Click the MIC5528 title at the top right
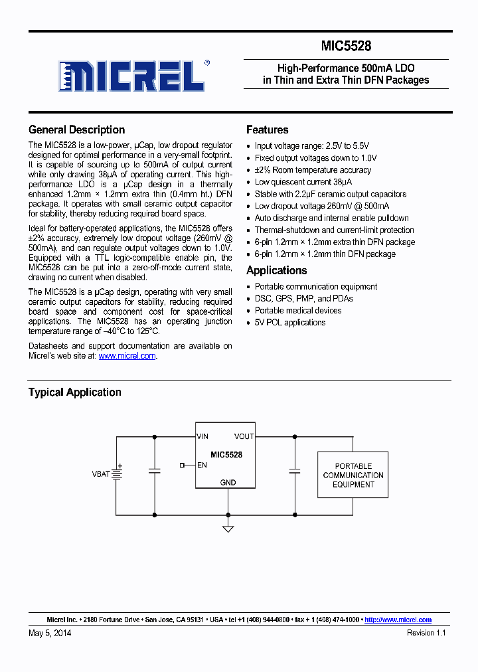[346, 46]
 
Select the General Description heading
[76, 130]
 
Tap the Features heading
[267, 130]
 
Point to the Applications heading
[276, 271]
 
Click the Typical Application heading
[74, 392]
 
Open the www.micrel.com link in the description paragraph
[127, 356]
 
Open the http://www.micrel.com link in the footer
[398, 620]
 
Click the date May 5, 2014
[50, 633]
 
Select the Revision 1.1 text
[426, 633]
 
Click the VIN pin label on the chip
[202, 436]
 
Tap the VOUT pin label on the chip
[244, 436]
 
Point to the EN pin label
[202, 465]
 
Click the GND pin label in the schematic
[228, 483]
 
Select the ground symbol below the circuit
[228, 529]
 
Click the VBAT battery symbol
[117, 474]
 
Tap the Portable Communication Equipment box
[353, 475]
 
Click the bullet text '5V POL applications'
[290, 323]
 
